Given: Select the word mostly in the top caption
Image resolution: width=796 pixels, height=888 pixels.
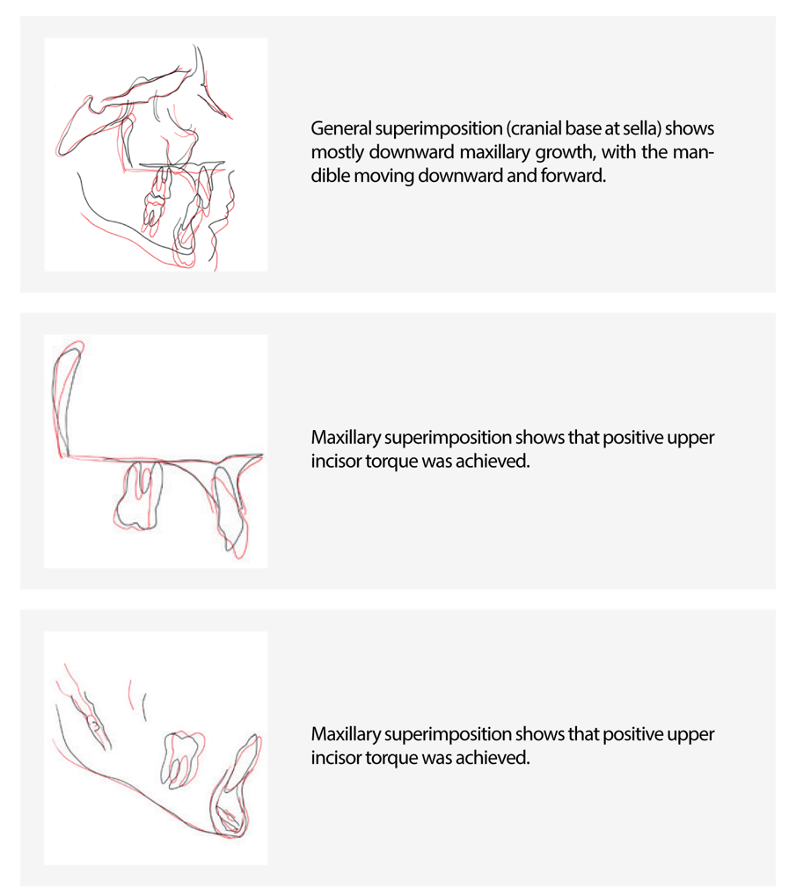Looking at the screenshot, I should click(x=335, y=152).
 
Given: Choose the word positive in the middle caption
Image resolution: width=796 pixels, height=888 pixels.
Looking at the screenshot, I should click(x=632, y=438).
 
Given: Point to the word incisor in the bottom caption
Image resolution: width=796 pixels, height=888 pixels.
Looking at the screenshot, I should click(x=336, y=757).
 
